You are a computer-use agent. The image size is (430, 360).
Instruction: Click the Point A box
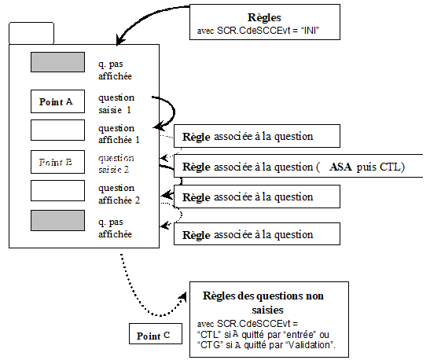57,101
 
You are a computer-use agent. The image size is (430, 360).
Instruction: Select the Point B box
57,163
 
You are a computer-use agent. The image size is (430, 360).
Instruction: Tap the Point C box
155,336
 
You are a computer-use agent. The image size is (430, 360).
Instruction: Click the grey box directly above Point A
57,62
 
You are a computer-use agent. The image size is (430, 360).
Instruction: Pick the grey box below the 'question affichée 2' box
57,221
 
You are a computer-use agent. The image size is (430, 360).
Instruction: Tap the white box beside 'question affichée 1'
57,129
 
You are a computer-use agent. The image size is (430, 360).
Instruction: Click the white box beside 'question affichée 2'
57,190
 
